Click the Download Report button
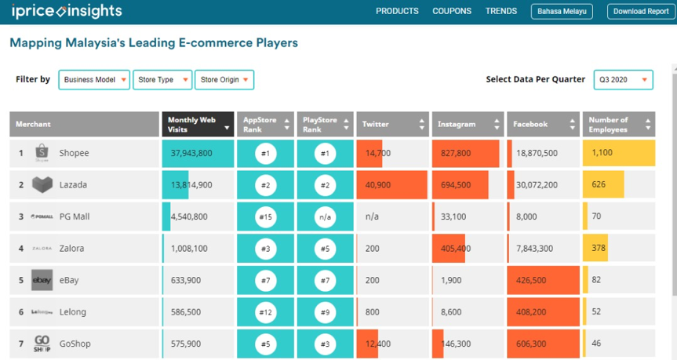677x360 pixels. click(x=641, y=12)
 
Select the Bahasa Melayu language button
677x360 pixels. click(x=562, y=12)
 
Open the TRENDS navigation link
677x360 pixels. click(x=500, y=11)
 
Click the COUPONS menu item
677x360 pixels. click(x=452, y=11)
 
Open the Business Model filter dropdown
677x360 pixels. click(x=94, y=80)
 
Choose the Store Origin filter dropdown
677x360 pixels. click(x=224, y=80)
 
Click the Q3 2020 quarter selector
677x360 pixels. click(x=623, y=80)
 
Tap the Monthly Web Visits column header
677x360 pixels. click(x=198, y=125)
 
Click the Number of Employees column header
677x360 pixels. click(x=619, y=125)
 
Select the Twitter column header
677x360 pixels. click(x=392, y=125)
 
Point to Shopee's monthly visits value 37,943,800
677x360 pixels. click(x=191, y=153)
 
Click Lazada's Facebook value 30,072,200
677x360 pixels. click(x=537, y=185)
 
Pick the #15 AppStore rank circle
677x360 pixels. click(x=265, y=216)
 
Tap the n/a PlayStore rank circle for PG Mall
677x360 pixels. click(x=325, y=216)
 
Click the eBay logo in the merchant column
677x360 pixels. click(x=42, y=280)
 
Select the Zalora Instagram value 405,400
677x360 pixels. click(x=456, y=249)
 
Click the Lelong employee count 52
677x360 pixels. click(x=596, y=311)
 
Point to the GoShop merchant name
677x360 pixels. click(x=75, y=344)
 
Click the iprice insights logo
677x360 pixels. click(x=67, y=11)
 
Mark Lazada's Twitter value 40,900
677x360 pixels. click(x=378, y=185)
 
